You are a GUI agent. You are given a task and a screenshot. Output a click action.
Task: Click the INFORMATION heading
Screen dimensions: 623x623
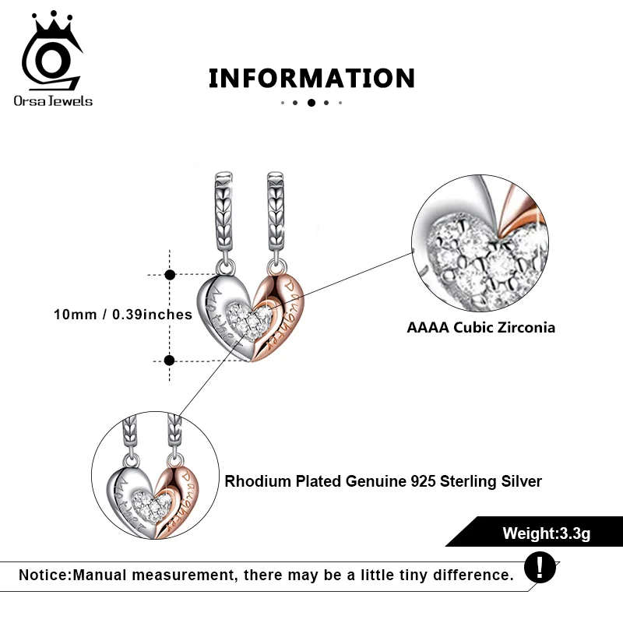[x=311, y=78]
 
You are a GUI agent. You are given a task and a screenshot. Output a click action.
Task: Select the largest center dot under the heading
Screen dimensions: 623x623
[x=311, y=102]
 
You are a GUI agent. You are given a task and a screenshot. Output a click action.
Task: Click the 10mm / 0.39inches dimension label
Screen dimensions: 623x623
[x=123, y=315]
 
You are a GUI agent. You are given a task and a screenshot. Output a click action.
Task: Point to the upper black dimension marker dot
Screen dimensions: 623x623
[x=171, y=274]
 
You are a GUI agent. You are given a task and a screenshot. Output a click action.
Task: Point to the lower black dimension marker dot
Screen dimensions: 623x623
[x=171, y=360]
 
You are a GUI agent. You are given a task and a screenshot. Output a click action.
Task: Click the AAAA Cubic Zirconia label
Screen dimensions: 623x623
[x=481, y=328]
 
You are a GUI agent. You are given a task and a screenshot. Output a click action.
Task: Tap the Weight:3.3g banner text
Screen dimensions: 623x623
[x=546, y=533]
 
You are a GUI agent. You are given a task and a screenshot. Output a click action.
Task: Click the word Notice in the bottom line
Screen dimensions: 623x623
[x=44, y=575]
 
